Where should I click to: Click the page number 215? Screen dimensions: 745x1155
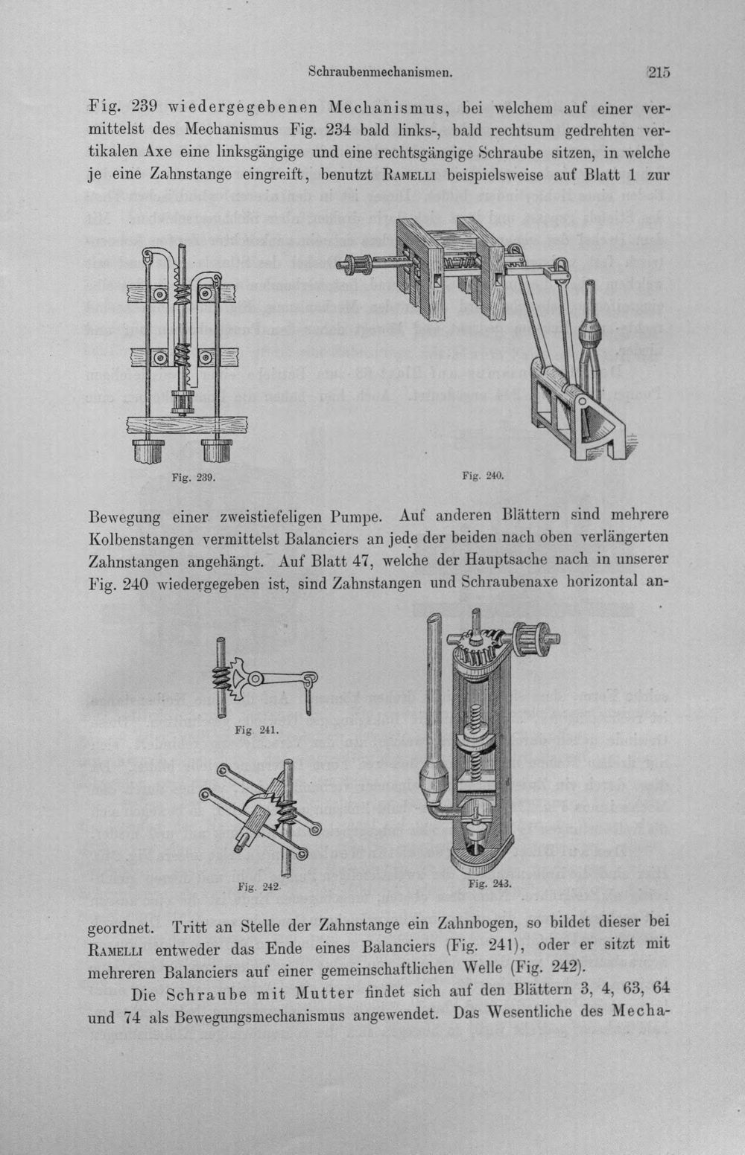click(x=659, y=73)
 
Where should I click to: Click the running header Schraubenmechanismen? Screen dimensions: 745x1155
click(x=380, y=73)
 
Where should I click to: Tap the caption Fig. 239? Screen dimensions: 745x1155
click(x=193, y=478)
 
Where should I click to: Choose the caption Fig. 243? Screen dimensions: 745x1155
click(x=489, y=884)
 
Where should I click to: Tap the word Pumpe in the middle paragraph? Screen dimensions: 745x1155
click(x=358, y=516)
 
